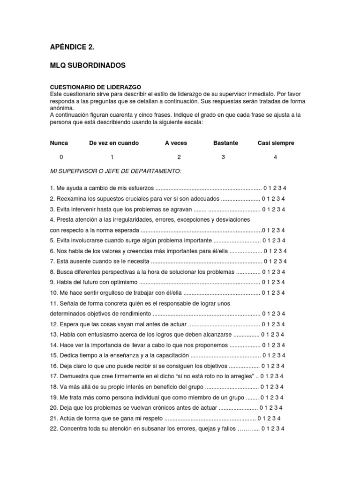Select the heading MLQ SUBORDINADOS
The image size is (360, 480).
(88, 66)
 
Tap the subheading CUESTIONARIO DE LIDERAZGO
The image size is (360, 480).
(95, 87)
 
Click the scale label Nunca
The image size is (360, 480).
(59, 143)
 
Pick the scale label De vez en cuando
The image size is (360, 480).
(114, 143)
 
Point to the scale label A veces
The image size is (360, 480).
(176, 143)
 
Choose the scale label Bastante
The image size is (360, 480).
(225, 143)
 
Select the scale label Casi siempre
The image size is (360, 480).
(276, 143)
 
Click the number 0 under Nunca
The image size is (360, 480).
(61, 157)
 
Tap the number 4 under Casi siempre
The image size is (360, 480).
(275, 157)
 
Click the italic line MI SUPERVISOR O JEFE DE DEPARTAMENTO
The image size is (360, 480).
(115, 171)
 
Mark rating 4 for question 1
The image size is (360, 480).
(285, 188)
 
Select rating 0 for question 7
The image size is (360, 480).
(265, 262)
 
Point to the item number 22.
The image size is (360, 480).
(53, 429)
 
